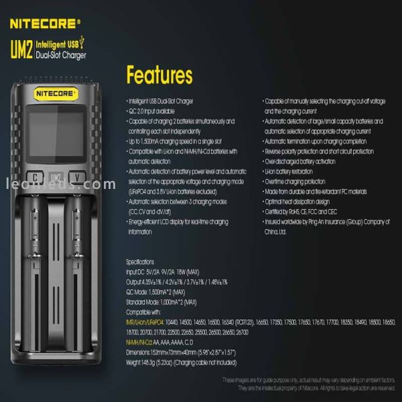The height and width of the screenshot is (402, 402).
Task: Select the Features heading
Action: tap(159, 74)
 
